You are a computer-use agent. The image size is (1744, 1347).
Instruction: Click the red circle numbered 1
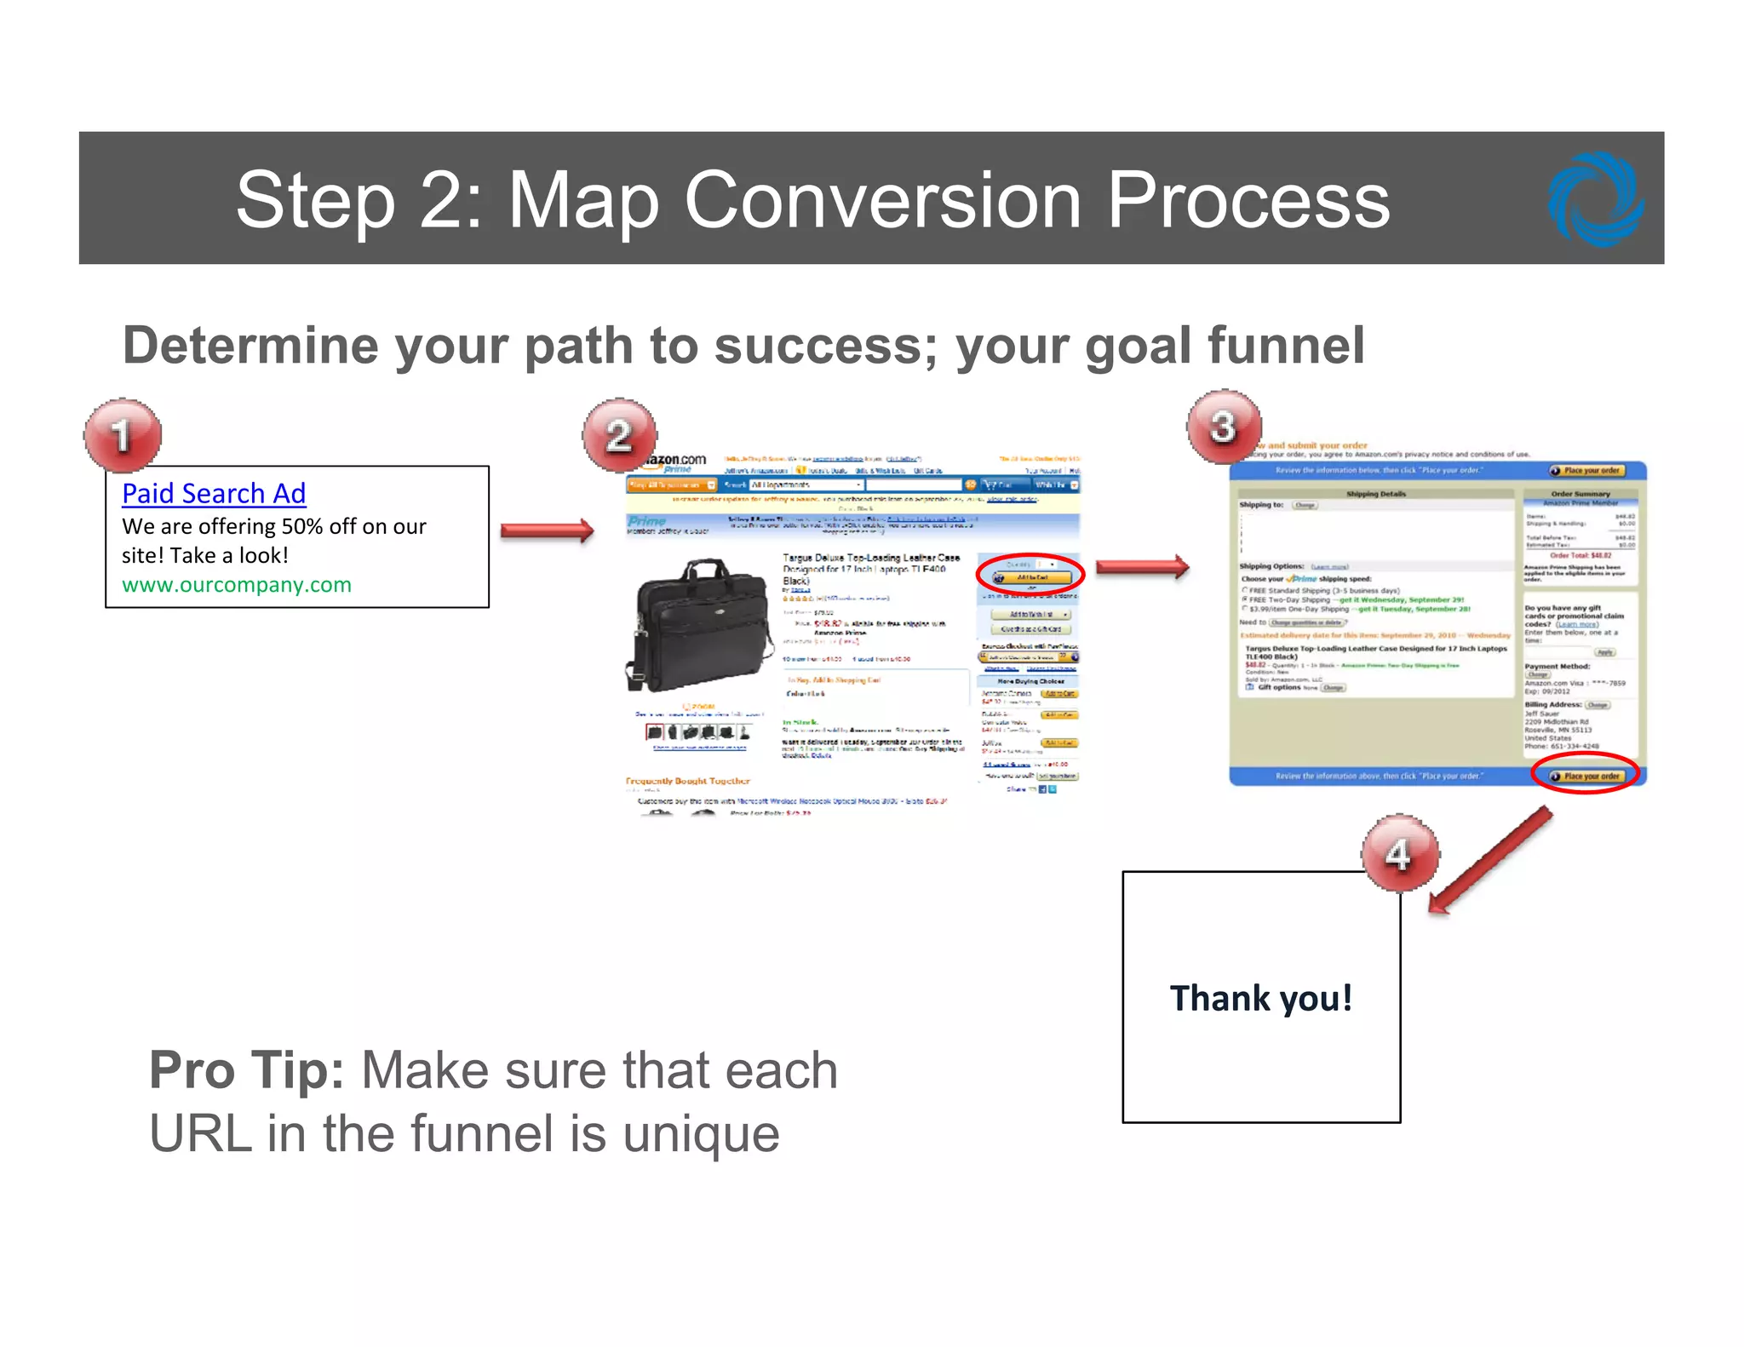tap(123, 435)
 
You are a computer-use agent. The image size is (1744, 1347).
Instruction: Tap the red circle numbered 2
tap(619, 435)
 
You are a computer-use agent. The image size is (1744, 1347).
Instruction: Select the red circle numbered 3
tap(1224, 427)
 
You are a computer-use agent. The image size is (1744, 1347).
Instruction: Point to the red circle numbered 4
tap(1399, 853)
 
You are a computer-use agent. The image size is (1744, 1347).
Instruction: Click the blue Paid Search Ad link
tap(214, 493)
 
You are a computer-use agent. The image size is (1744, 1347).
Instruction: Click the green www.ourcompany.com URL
tap(236, 585)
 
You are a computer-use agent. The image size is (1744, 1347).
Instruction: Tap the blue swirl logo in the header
tap(1595, 199)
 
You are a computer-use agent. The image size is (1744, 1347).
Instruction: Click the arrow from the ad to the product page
tap(547, 530)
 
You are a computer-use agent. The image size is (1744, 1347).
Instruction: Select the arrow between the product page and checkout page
tap(1142, 566)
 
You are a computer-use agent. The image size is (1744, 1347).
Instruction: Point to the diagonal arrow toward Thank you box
tap(1490, 860)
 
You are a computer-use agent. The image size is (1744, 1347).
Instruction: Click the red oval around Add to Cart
tap(1030, 575)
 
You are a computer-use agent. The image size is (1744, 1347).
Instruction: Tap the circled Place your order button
tap(1586, 776)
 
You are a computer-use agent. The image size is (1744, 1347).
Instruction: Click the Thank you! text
tap(1261, 998)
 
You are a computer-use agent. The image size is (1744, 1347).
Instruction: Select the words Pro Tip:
tap(246, 1069)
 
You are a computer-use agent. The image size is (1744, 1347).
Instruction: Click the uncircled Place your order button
tap(1589, 471)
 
